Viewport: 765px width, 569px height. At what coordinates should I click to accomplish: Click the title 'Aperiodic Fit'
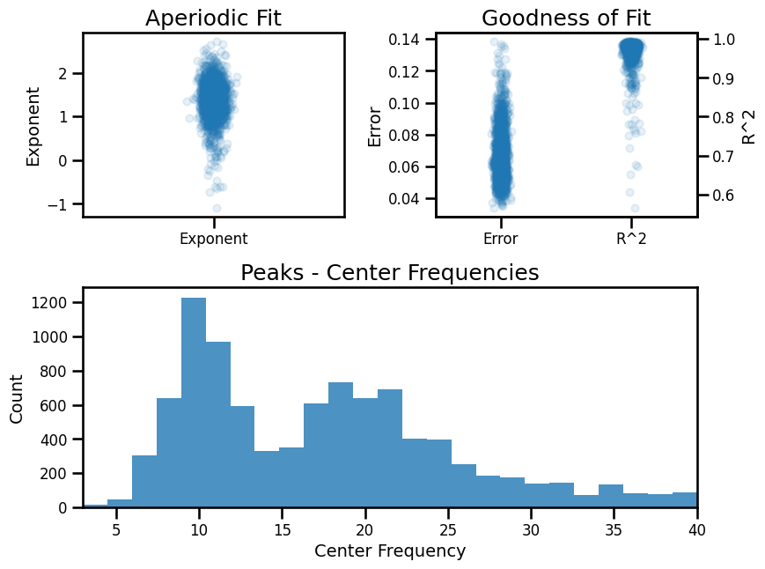tap(213, 18)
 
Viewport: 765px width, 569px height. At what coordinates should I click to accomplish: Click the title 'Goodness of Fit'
tap(566, 18)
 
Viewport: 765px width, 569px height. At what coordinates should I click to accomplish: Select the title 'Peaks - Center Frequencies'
tap(390, 273)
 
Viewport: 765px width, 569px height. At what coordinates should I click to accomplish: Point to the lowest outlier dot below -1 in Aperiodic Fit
tap(216, 209)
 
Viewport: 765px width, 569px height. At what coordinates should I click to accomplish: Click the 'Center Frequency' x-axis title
tap(390, 551)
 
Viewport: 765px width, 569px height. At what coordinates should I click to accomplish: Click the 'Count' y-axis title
tap(17, 398)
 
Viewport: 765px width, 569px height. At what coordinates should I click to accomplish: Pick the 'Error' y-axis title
tap(373, 125)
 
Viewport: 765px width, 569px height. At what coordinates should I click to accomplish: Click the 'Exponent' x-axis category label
tap(213, 238)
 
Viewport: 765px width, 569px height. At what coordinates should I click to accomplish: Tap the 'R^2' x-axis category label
tap(631, 238)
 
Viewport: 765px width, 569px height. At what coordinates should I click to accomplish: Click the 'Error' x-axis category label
tap(500, 238)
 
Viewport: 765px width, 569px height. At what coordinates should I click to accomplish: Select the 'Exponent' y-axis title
tap(33, 125)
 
